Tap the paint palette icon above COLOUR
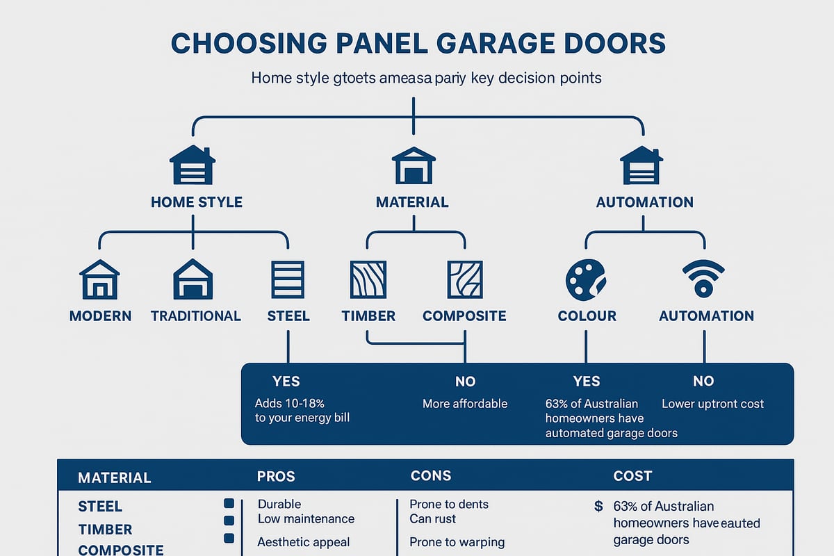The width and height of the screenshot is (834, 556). [586, 279]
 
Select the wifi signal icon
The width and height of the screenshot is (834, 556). [704, 279]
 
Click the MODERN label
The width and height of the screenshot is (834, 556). [100, 316]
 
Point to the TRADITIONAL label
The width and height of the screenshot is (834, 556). [195, 316]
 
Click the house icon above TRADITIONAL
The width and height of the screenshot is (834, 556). [193, 279]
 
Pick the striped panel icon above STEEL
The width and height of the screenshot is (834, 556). [287, 279]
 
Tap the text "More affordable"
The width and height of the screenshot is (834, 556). [465, 404]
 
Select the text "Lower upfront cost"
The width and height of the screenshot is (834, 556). [712, 404]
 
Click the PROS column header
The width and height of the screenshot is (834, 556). [276, 477]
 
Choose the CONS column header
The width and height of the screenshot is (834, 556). [431, 477]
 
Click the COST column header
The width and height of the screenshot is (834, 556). [632, 477]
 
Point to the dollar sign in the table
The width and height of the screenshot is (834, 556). [598, 507]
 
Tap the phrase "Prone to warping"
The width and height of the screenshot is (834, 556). [457, 542]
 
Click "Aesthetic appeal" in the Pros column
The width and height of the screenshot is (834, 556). [303, 542]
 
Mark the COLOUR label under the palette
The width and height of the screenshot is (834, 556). [587, 316]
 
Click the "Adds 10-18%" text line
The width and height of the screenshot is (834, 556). [290, 404]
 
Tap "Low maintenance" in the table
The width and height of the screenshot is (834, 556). [306, 518]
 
